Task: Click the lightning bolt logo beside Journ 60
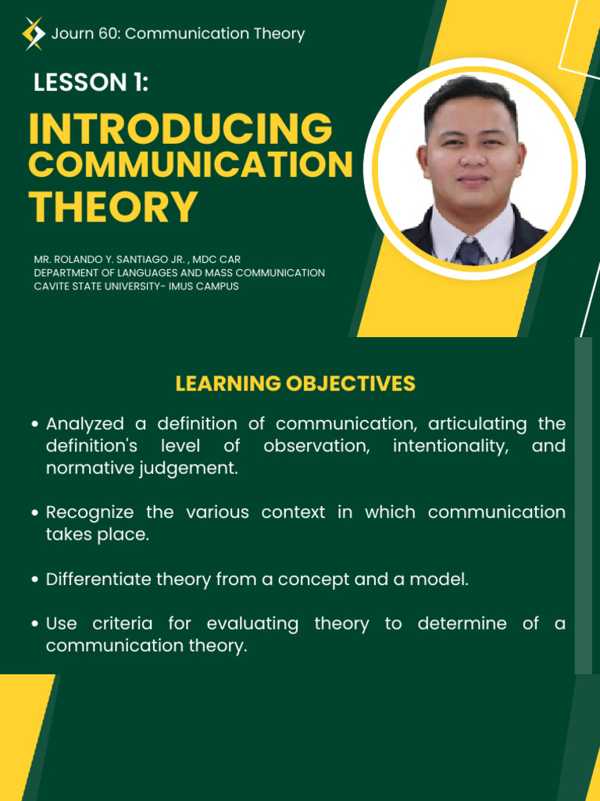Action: pos(34,34)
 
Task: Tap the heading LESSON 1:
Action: pos(91,82)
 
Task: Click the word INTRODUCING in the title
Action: pos(180,128)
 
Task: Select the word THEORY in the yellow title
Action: pos(113,207)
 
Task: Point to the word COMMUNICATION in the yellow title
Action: pos(191,164)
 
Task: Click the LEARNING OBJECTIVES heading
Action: pos(295,383)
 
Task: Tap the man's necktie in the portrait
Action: pos(470,251)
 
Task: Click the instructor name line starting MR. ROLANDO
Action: pos(137,260)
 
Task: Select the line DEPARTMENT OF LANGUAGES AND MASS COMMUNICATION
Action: pos(179,273)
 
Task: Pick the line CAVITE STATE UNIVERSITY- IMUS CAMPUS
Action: pos(136,286)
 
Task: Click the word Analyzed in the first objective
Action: pos(84,424)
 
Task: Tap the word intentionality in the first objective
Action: pos(451,446)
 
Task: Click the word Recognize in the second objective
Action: pos(90,512)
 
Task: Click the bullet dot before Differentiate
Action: pos(34,580)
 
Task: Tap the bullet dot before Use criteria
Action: pos(34,624)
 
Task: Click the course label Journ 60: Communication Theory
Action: pos(178,34)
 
